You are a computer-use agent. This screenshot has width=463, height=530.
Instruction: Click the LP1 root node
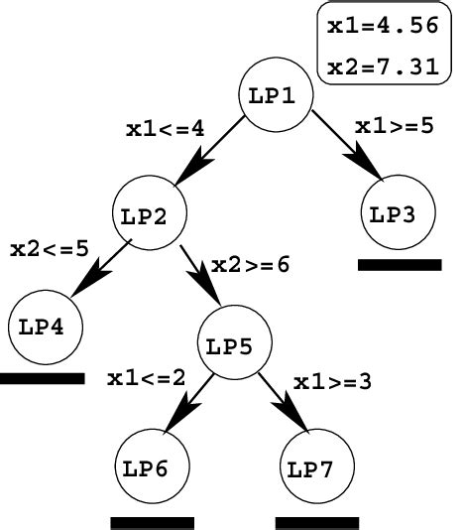click(276, 94)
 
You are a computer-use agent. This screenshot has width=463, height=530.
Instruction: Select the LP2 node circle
click(150, 212)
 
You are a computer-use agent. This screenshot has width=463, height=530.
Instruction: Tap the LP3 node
click(399, 212)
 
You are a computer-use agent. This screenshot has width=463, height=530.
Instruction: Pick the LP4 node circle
click(46, 328)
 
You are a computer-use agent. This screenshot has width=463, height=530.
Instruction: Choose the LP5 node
click(234, 342)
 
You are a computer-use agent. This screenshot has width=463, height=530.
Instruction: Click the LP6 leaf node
click(153, 466)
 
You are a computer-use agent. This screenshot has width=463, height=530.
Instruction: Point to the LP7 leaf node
click(317, 466)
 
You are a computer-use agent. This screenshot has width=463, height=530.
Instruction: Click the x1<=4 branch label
click(166, 129)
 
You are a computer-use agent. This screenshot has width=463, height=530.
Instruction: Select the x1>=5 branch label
click(395, 126)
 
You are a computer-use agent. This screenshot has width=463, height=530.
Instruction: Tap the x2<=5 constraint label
click(50, 249)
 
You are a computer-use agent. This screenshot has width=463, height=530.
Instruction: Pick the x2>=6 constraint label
click(250, 265)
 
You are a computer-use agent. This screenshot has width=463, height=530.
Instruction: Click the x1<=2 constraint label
click(146, 378)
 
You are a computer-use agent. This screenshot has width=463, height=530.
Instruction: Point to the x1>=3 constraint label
click(332, 382)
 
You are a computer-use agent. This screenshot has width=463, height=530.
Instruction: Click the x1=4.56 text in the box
click(383, 26)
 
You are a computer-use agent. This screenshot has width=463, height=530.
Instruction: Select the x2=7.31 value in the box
click(383, 66)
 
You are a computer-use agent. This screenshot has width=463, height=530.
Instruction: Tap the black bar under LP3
click(400, 265)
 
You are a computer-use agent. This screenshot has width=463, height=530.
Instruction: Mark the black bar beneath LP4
click(42, 378)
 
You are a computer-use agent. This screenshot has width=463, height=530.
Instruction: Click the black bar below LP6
click(153, 523)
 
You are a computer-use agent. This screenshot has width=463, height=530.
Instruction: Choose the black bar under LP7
click(317, 523)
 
